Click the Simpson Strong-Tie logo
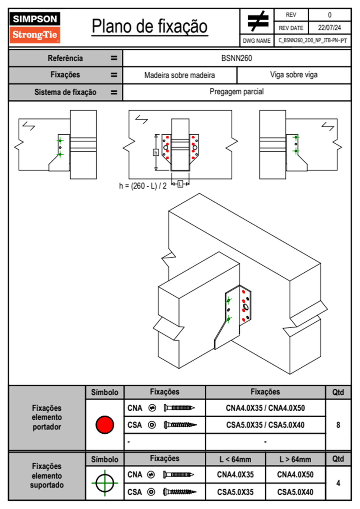pos(35,28)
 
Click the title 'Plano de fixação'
pos(150,26)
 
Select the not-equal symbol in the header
pos(257,21)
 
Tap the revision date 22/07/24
pos(329,28)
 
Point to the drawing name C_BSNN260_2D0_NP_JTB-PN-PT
pos(313,41)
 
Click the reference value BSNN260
pos(237,58)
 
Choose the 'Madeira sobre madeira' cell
pos(179,75)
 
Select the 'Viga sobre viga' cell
pos(294,75)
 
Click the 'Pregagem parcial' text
pos(237,92)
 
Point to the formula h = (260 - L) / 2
pos(143,186)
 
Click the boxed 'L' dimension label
pos(180,184)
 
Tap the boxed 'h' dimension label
pos(156,152)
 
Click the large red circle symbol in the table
pos(105,425)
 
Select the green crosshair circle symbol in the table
pos(105,483)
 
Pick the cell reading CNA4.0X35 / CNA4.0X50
pos(265,408)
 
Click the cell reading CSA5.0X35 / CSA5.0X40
pos(265,425)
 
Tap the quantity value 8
pos(338,425)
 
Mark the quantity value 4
pos(338,483)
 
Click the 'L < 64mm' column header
pos(235,459)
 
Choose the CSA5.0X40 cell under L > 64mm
pos(295,492)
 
